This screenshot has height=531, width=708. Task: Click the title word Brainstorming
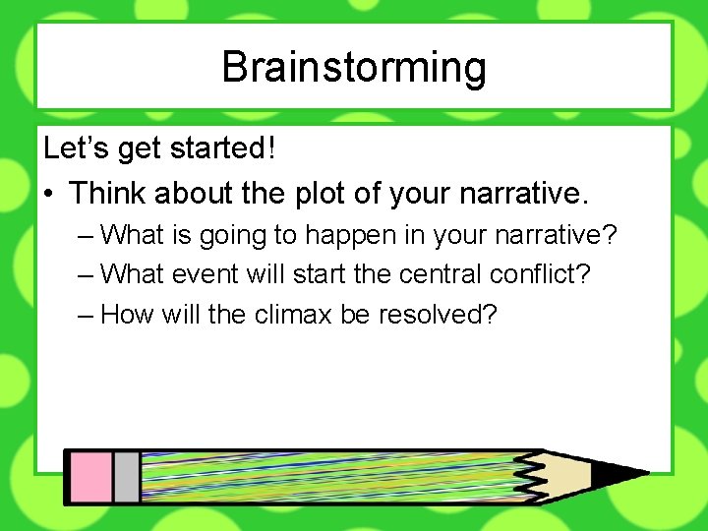click(354, 67)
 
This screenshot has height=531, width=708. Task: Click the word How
click(124, 315)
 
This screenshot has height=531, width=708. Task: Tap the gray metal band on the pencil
click(126, 477)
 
